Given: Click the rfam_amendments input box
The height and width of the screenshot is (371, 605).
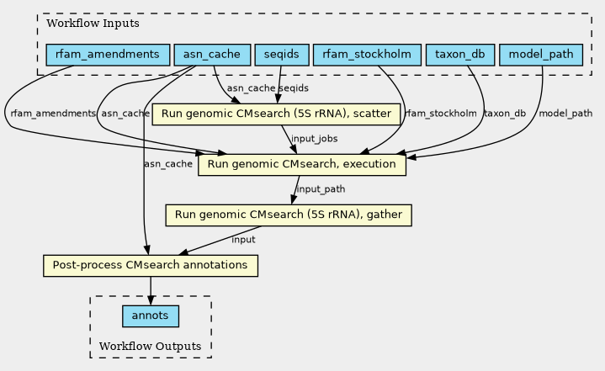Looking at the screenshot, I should [107, 56].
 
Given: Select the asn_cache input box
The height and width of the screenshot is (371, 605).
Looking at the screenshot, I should [211, 56].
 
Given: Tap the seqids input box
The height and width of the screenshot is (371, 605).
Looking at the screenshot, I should [281, 56].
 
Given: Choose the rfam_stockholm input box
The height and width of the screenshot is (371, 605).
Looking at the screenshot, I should [366, 56].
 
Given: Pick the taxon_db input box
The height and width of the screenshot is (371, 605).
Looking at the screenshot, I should [460, 56].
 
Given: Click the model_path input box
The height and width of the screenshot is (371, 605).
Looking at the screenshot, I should [541, 56].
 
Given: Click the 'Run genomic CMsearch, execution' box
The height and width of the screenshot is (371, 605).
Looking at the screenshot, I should [301, 164].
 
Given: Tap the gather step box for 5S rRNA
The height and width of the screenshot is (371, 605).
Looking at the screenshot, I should [289, 215].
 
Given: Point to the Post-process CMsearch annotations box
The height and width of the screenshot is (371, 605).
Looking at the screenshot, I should [150, 266].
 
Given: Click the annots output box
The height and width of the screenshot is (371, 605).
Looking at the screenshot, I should [150, 315].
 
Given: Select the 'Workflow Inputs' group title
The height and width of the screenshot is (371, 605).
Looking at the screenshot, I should [82, 23].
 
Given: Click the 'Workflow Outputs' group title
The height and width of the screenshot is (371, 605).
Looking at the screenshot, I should [150, 347].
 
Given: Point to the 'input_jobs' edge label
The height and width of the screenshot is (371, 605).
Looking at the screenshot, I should [314, 138].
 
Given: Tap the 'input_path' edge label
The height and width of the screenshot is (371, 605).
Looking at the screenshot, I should [321, 189].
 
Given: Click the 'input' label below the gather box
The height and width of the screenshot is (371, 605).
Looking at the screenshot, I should [243, 240].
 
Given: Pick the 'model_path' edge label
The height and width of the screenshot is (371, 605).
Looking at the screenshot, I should [565, 113].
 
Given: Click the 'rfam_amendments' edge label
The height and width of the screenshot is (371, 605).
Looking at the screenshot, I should [52, 113].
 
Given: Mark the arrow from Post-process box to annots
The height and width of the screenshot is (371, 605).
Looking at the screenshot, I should [150, 290].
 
